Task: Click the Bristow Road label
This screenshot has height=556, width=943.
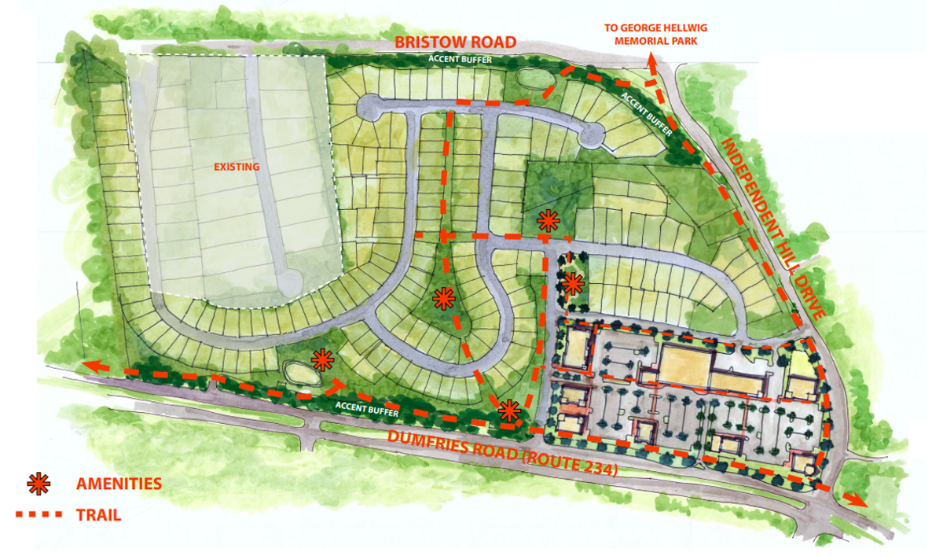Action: click(x=455, y=42)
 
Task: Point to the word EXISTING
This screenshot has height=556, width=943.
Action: click(x=237, y=167)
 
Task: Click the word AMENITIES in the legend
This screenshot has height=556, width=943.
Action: click(x=119, y=484)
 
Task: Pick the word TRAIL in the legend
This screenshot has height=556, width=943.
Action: click(x=98, y=516)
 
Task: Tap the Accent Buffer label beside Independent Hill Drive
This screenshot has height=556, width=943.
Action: click(x=647, y=115)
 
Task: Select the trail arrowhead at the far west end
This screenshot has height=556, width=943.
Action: click(x=90, y=366)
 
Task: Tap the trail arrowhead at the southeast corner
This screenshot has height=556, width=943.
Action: click(x=858, y=501)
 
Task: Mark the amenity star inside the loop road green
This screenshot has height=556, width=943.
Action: click(x=444, y=298)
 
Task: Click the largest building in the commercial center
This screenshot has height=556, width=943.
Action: click(x=684, y=366)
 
